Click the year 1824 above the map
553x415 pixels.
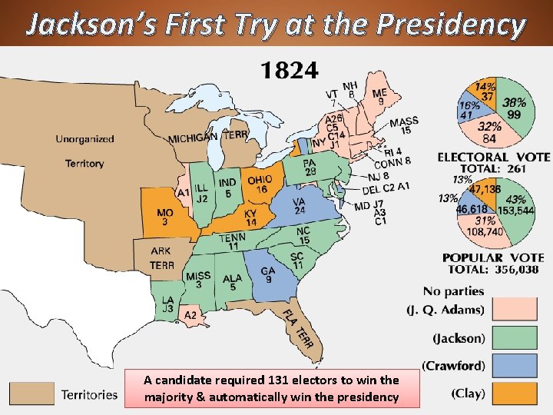pos(290,71)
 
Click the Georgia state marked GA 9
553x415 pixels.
pos(268,274)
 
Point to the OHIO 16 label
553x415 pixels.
pos(260,184)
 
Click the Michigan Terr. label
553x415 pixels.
pos(208,136)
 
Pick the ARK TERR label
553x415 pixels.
pos(161,257)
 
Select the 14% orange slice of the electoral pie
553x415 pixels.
pos(485,91)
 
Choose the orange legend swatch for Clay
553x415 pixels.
pos(513,393)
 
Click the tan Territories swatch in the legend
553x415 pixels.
pos(31,393)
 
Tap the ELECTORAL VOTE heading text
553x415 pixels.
pos(493,157)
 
